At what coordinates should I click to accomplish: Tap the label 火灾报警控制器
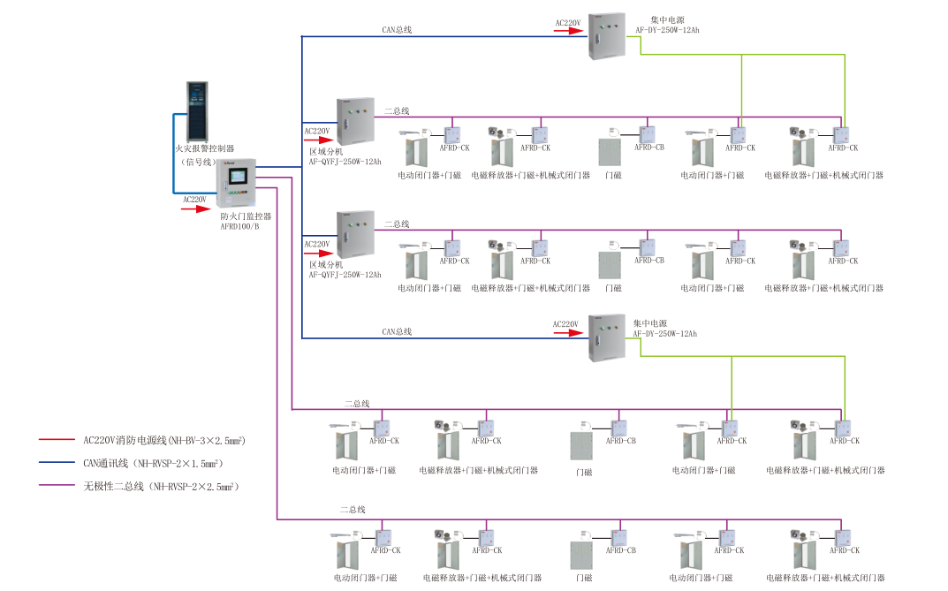point(204,149)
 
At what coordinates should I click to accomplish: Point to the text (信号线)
point(199,162)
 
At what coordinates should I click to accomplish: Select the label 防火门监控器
point(246,216)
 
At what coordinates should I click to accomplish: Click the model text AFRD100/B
point(239,226)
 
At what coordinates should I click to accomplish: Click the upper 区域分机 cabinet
point(355,122)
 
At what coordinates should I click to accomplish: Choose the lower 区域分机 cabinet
point(355,235)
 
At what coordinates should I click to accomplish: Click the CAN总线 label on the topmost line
point(397,30)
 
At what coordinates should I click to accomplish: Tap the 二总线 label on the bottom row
point(353,510)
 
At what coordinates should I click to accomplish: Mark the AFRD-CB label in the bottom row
point(620,550)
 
